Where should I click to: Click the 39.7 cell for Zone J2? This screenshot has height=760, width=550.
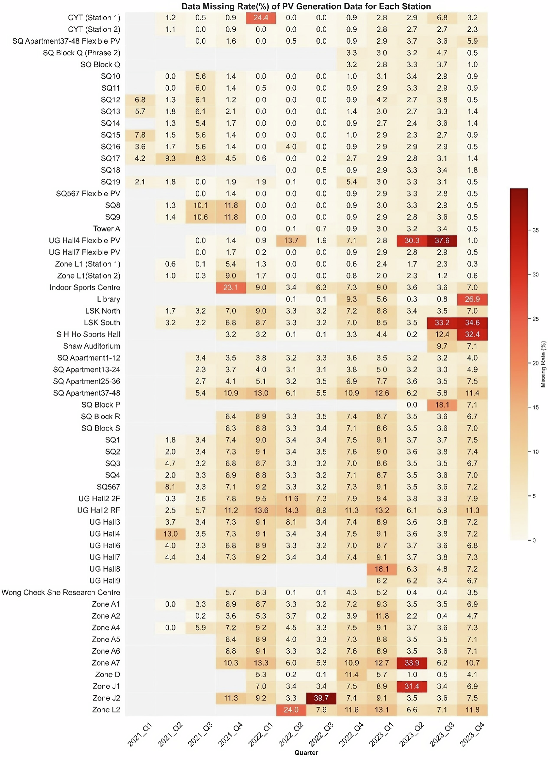pos(321,698)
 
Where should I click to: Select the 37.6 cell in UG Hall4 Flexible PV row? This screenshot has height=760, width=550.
pos(442,240)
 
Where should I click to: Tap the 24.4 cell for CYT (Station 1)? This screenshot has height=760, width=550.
pos(261,18)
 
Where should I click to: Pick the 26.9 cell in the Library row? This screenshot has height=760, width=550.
pos(472,299)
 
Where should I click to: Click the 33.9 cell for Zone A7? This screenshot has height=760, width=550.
pos(412,663)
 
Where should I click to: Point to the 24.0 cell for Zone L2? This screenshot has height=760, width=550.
pos(291,710)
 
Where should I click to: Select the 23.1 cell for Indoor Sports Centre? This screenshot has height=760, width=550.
pos(230,287)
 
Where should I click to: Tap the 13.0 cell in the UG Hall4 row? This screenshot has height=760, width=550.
pos(170,534)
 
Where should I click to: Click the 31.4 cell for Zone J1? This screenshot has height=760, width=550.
pos(412,686)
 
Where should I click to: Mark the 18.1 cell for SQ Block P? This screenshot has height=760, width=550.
pos(442,405)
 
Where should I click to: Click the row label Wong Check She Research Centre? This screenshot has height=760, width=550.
pos(61,593)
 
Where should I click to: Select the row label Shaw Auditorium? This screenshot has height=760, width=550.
pos(91,346)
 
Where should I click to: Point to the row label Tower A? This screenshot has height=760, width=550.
pos(107,229)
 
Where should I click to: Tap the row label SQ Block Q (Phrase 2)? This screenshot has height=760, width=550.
pos(81,53)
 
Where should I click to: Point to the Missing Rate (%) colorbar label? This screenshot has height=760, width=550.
pos(543,364)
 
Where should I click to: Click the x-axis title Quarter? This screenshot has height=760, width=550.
pos(306,753)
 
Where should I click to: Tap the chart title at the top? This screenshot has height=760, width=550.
pos(306,6)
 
